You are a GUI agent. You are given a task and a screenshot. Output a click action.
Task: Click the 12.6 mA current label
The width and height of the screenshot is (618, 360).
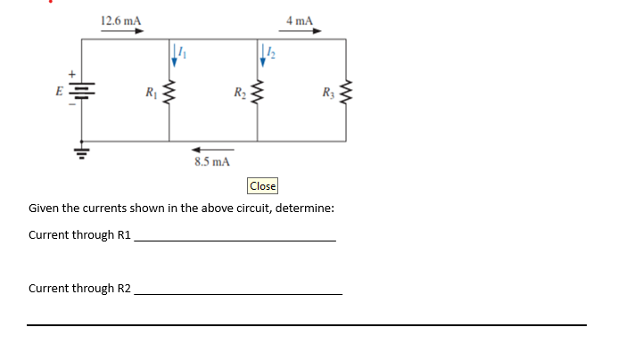point(119,20)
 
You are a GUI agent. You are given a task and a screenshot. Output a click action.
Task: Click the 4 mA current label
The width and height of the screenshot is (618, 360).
point(299,20)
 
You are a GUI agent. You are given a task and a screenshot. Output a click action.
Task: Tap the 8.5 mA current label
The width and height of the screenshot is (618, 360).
point(212,162)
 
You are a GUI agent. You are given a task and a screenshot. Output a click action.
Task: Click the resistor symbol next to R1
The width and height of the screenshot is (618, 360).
point(170,91)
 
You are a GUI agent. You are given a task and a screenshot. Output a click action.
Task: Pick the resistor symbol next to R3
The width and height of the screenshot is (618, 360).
point(347,91)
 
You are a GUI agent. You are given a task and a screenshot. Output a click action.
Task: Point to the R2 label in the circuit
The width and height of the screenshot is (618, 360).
point(239,91)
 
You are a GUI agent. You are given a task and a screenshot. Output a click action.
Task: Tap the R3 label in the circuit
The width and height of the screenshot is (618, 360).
point(328,91)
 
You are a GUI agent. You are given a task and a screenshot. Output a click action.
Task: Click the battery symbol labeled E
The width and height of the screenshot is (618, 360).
point(84,90)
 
